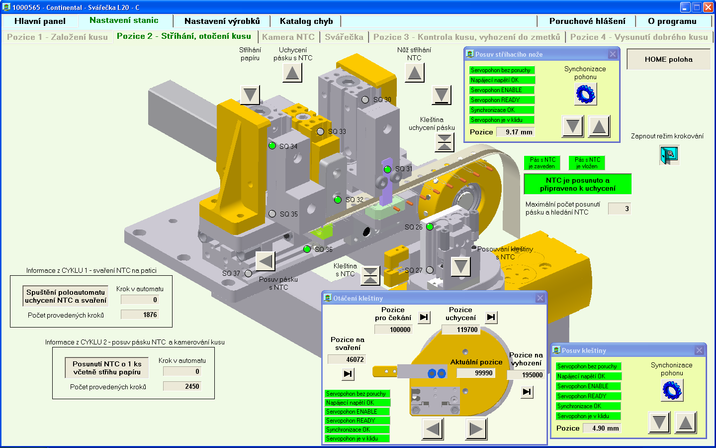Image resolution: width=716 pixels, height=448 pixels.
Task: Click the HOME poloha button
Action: tap(668, 59)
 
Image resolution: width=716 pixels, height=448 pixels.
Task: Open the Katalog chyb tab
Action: tap(306, 21)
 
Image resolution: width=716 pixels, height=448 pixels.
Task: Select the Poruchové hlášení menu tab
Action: tap(587, 21)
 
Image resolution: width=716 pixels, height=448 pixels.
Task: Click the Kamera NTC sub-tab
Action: tap(288, 37)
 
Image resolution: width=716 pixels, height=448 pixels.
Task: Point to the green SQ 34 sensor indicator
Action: tap(272, 146)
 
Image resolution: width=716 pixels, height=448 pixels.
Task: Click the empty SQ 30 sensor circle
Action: tap(365, 100)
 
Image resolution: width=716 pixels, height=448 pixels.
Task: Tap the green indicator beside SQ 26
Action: tap(430, 227)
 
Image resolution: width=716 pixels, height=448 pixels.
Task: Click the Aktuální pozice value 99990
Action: tap(476, 373)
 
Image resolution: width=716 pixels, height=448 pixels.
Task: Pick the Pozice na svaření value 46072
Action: tap(347, 359)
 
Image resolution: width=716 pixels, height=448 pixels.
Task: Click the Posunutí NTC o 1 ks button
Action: tap(107, 368)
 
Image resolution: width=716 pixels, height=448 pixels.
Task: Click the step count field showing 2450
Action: tap(182, 386)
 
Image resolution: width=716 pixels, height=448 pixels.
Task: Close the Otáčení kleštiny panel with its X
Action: tap(540, 298)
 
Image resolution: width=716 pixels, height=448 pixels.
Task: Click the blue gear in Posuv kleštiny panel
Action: tap(672, 390)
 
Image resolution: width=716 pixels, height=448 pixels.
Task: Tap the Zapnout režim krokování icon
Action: tap(669, 155)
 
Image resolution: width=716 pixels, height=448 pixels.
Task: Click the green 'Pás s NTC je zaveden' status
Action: tap(542, 163)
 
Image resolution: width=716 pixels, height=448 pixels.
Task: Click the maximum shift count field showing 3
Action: tap(620, 209)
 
